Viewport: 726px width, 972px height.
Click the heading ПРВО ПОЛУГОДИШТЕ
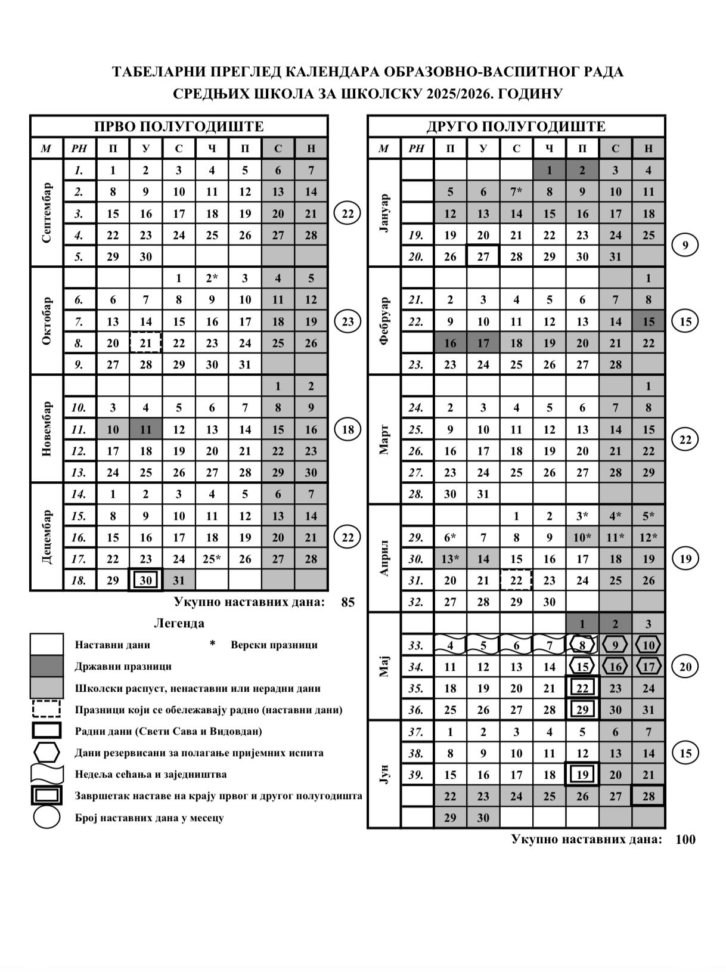point(179,126)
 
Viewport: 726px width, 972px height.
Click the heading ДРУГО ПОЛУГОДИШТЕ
point(516,126)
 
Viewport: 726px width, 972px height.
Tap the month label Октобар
point(47,321)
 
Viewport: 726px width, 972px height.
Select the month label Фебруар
point(384,321)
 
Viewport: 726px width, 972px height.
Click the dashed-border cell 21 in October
point(146,343)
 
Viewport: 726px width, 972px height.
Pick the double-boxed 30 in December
point(146,580)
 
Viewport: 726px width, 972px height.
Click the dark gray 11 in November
point(146,429)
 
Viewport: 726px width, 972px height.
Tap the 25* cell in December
point(212,559)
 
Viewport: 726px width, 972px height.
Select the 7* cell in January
point(516,192)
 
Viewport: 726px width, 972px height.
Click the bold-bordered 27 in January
point(483,256)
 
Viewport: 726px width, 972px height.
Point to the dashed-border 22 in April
point(516,580)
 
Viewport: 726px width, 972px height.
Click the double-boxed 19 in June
point(582,775)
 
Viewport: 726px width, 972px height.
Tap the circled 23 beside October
point(348,322)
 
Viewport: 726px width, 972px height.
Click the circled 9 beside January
point(685,245)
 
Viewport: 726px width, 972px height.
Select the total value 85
point(348,602)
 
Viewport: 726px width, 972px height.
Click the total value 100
point(685,840)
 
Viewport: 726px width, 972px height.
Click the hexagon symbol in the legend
point(46,753)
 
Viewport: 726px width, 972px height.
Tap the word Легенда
point(179,624)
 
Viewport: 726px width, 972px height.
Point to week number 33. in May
point(417,645)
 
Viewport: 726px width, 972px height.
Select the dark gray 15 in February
point(649,321)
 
